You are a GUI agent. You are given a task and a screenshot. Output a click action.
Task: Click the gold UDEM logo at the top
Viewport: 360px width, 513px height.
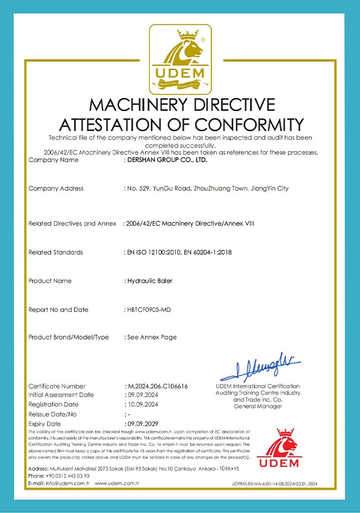(x=180, y=58)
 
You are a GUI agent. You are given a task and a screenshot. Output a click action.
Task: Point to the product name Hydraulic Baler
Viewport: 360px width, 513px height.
(x=149, y=281)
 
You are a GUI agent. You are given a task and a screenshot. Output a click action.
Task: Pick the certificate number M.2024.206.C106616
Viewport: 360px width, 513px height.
(x=158, y=386)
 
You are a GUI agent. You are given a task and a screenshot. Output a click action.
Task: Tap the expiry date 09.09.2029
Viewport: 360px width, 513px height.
(x=141, y=424)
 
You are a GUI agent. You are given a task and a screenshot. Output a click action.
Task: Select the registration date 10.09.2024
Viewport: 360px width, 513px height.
(x=141, y=405)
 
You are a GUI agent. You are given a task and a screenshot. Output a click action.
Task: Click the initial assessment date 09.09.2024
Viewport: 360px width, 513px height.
(x=141, y=395)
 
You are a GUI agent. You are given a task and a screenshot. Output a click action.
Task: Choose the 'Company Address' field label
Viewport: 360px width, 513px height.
(x=56, y=189)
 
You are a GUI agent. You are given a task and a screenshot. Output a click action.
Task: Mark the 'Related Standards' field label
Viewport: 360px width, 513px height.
(x=56, y=253)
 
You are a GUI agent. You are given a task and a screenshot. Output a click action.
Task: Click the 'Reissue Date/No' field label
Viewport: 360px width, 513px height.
(x=54, y=414)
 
